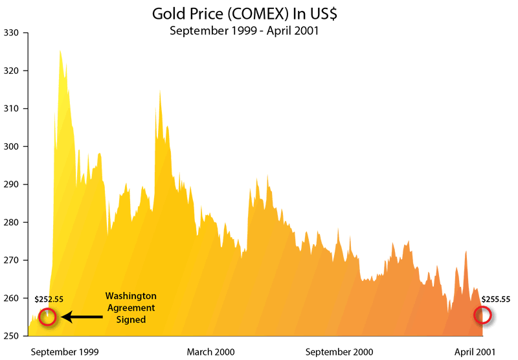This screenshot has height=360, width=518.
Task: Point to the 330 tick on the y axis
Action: (x=12, y=32)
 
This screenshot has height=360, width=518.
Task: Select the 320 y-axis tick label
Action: (x=12, y=71)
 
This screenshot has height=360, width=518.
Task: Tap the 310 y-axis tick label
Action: (x=12, y=109)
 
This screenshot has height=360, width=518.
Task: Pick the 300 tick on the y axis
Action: (x=12, y=146)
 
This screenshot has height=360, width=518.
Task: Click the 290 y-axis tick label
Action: (x=12, y=185)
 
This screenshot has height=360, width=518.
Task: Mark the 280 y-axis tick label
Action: (x=12, y=222)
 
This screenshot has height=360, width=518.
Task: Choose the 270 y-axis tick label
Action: (x=12, y=260)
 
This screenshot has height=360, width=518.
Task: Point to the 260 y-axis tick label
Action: (x=12, y=298)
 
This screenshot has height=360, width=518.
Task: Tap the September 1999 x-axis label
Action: (x=65, y=352)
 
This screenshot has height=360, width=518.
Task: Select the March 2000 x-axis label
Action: (x=210, y=352)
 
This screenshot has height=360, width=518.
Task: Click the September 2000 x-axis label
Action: (x=339, y=352)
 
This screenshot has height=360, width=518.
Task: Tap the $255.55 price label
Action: (x=496, y=299)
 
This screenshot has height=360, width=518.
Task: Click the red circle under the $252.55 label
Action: (x=47, y=317)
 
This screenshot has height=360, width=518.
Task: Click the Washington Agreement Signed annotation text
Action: (x=131, y=308)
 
